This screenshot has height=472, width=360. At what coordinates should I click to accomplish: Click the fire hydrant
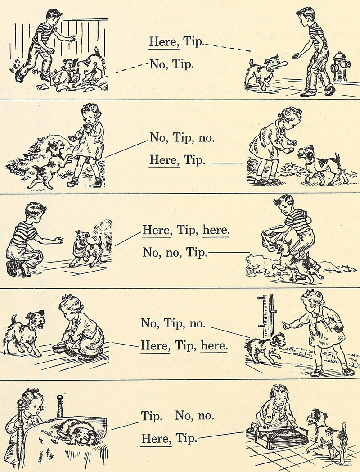click(x=341, y=66)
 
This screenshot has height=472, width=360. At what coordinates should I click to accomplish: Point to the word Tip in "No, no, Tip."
click(x=197, y=252)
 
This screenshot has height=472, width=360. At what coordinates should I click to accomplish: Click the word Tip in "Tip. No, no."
click(x=152, y=416)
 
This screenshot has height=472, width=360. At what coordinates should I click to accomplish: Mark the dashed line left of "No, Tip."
click(x=132, y=68)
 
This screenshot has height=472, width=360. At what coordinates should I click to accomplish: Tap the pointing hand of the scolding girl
click(x=285, y=324)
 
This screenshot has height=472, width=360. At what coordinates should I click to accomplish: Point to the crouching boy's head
click(x=35, y=212)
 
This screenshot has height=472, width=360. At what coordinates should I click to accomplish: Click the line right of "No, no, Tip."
click(x=229, y=252)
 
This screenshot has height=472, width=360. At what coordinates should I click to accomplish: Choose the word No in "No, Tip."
click(x=158, y=64)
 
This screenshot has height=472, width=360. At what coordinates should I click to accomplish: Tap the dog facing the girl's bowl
click(x=24, y=333)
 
